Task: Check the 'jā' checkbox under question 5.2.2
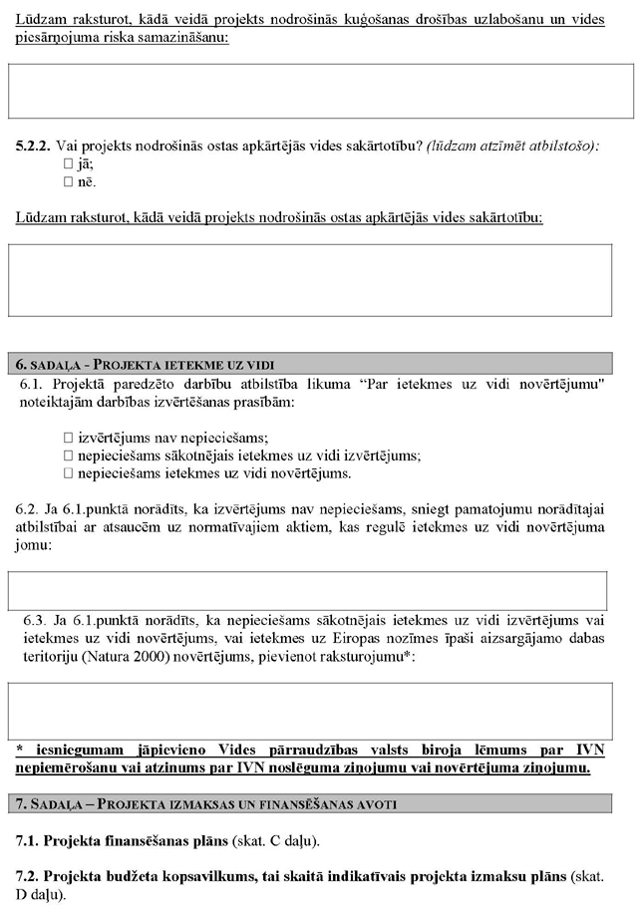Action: [68, 164]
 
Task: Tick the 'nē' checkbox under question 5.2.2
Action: [68, 182]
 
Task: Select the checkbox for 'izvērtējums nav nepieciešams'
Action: [68, 438]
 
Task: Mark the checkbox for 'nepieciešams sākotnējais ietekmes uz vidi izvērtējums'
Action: [68, 456]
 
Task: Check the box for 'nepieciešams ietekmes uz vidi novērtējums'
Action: [68, 473]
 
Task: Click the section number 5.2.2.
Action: [34, 146]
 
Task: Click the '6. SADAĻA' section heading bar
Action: [321, 363]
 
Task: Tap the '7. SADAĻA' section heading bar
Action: [321, 802]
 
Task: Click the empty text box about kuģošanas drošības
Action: [321, 92]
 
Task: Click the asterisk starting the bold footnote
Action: [19, 750]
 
